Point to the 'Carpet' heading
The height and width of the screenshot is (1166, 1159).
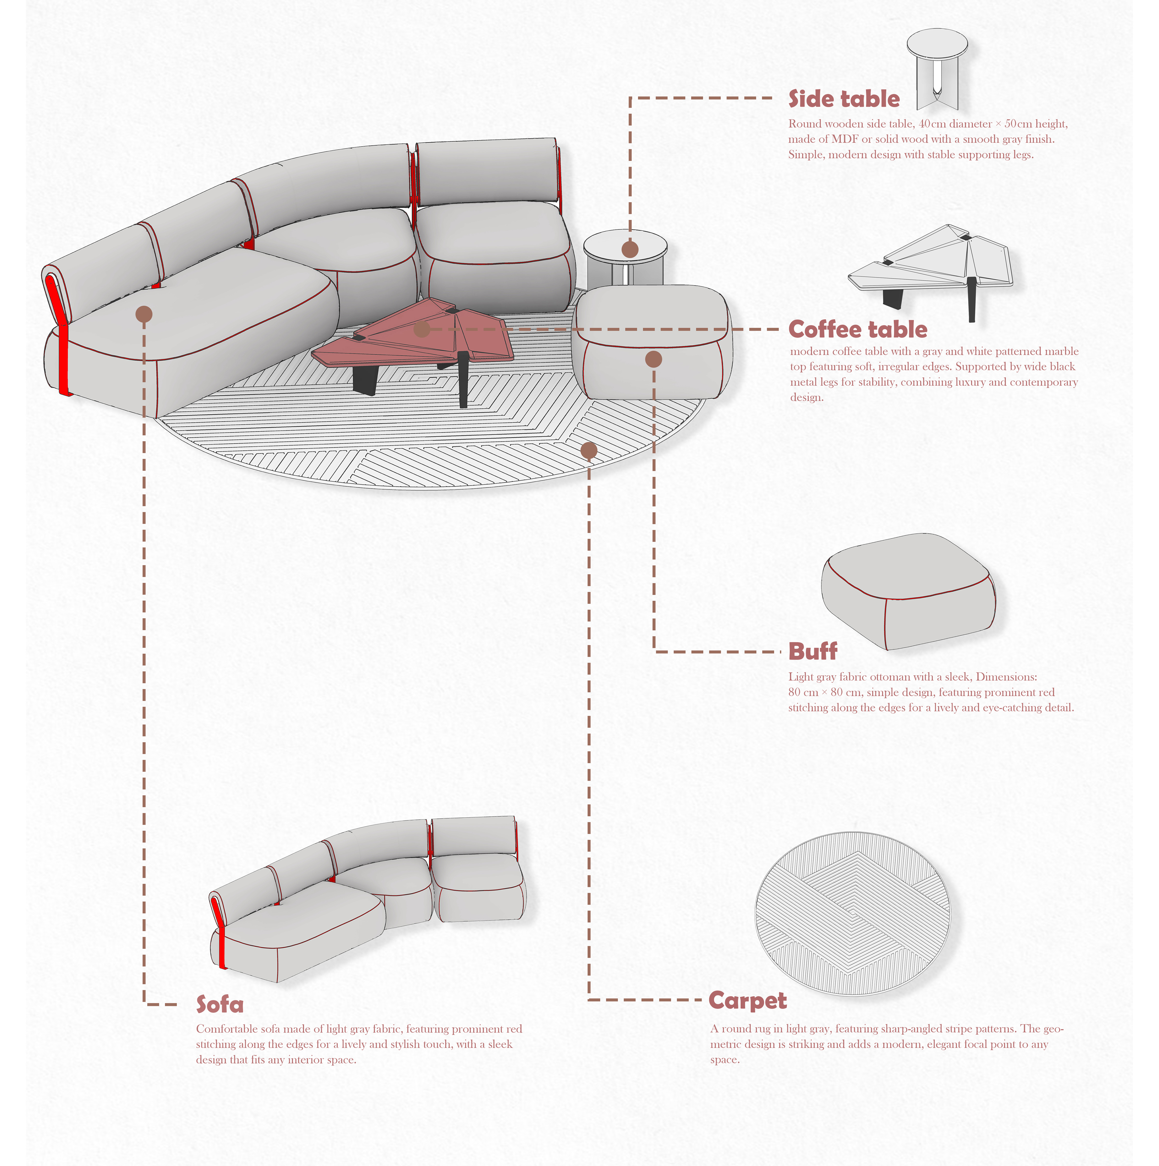click(x=747, y=1001)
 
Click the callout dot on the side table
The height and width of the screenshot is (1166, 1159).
click(x=630, y=249)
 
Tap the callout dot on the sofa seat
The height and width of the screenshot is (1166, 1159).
click(x=144, y=314)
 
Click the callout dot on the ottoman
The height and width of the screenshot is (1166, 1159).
click(x=653, y=359)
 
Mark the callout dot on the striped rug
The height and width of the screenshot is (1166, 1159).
click(x=589, y=450)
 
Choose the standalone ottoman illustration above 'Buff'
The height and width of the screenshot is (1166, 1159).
click(x=908, y=591)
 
